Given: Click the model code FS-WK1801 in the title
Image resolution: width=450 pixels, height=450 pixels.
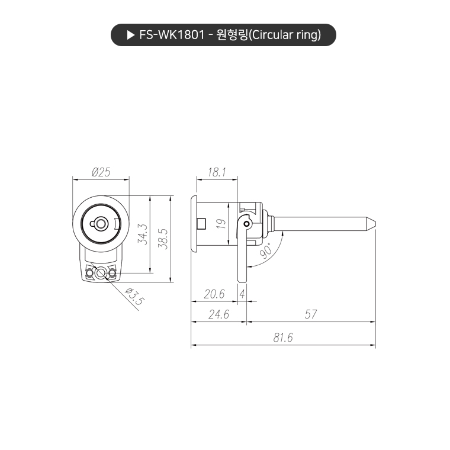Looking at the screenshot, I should (x=171, y=35).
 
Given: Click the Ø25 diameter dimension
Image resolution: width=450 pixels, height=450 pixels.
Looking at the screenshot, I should (x=101, y=172).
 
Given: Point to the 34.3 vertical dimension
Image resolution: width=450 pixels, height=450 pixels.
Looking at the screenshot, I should (x=142, y=235).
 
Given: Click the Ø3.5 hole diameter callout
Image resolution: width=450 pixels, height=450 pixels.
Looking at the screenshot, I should (x=134, y=296).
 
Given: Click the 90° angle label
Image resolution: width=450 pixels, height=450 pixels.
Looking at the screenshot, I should (x=266, y=251).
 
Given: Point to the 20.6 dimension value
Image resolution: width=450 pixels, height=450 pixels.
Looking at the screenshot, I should (x=214, y=294).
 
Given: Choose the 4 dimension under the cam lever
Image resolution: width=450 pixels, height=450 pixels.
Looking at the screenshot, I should (x=242, y=294).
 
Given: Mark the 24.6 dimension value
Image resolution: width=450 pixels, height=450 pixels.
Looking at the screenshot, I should (x=218, y=315).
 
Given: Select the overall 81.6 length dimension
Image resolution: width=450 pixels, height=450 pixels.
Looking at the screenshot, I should (x=283, y=338).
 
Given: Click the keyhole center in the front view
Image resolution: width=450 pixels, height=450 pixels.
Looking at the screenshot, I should (x=101, y=223).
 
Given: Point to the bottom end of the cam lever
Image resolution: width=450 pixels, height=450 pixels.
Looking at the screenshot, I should (x=241, y=279).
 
